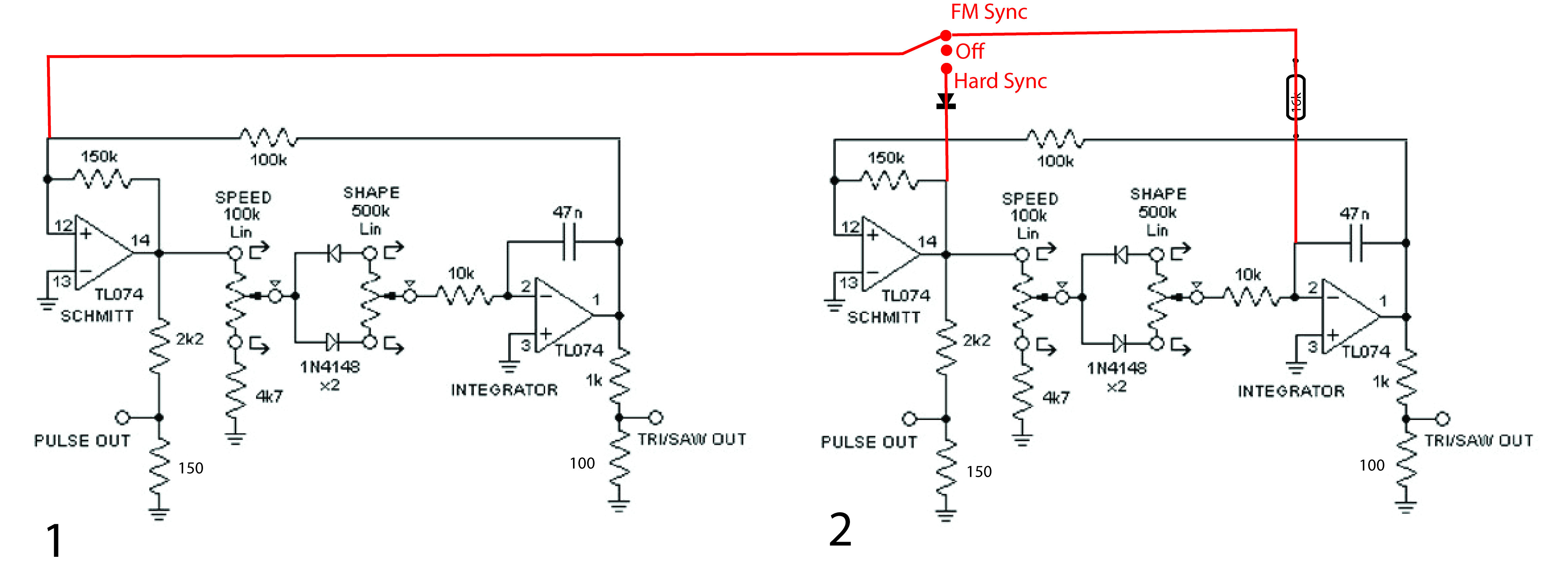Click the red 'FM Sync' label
coord(988,12)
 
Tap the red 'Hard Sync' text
coord(1000,81)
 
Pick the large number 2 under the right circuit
coord(840,530)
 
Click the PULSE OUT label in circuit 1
coord(82,440)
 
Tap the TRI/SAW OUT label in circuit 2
coord(1478,440)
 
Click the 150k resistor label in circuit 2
coord(886,158)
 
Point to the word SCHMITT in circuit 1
coord(97,316)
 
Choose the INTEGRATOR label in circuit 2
coord(1291,391)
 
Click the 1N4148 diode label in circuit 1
coord(329,366)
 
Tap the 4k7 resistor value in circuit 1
coord(269,396)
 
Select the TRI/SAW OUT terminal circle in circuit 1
coord(655,417)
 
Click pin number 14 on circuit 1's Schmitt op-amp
coord(140,240)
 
